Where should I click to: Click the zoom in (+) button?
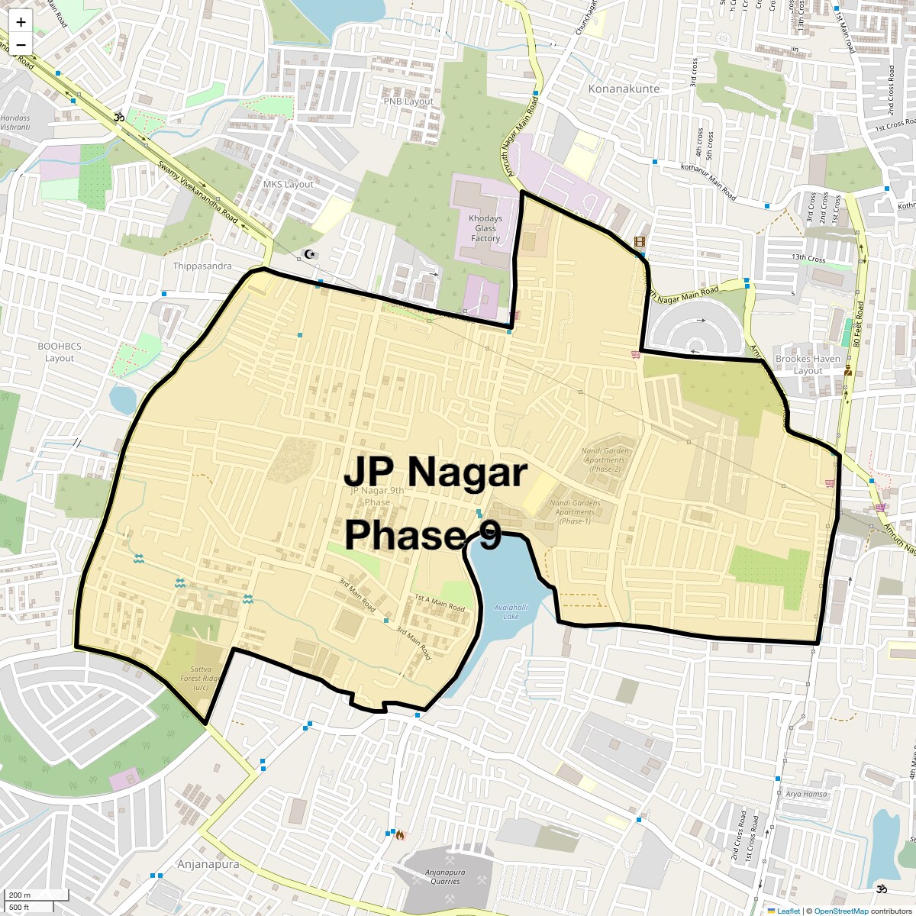tap(21, 22)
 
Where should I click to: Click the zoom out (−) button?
tap(21, 44)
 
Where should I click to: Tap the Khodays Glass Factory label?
tap(485, 228)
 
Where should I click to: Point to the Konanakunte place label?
tap(624, 89)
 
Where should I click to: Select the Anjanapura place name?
tap(208, 864)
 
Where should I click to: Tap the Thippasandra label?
tap(202, 266)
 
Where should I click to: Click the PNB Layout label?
tap(408, 102)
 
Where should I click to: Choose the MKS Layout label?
tap(289, 185)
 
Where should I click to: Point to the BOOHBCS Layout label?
tap(60, 352)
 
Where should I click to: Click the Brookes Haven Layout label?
tap(808, 364)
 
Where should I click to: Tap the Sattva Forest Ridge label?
tap(201, 678)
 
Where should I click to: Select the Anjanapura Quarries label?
tap(445, 876)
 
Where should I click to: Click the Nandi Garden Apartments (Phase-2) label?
tap(605, 460)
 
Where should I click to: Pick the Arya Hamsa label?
tap(806, 794)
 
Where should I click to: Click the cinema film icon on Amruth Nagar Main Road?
tap(639, 242)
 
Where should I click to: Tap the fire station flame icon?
tap(399, 835)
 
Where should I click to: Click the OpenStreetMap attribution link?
tap(841, 911)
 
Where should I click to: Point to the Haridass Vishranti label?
tap(15, 123)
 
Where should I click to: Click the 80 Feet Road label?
tap(859, 324)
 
